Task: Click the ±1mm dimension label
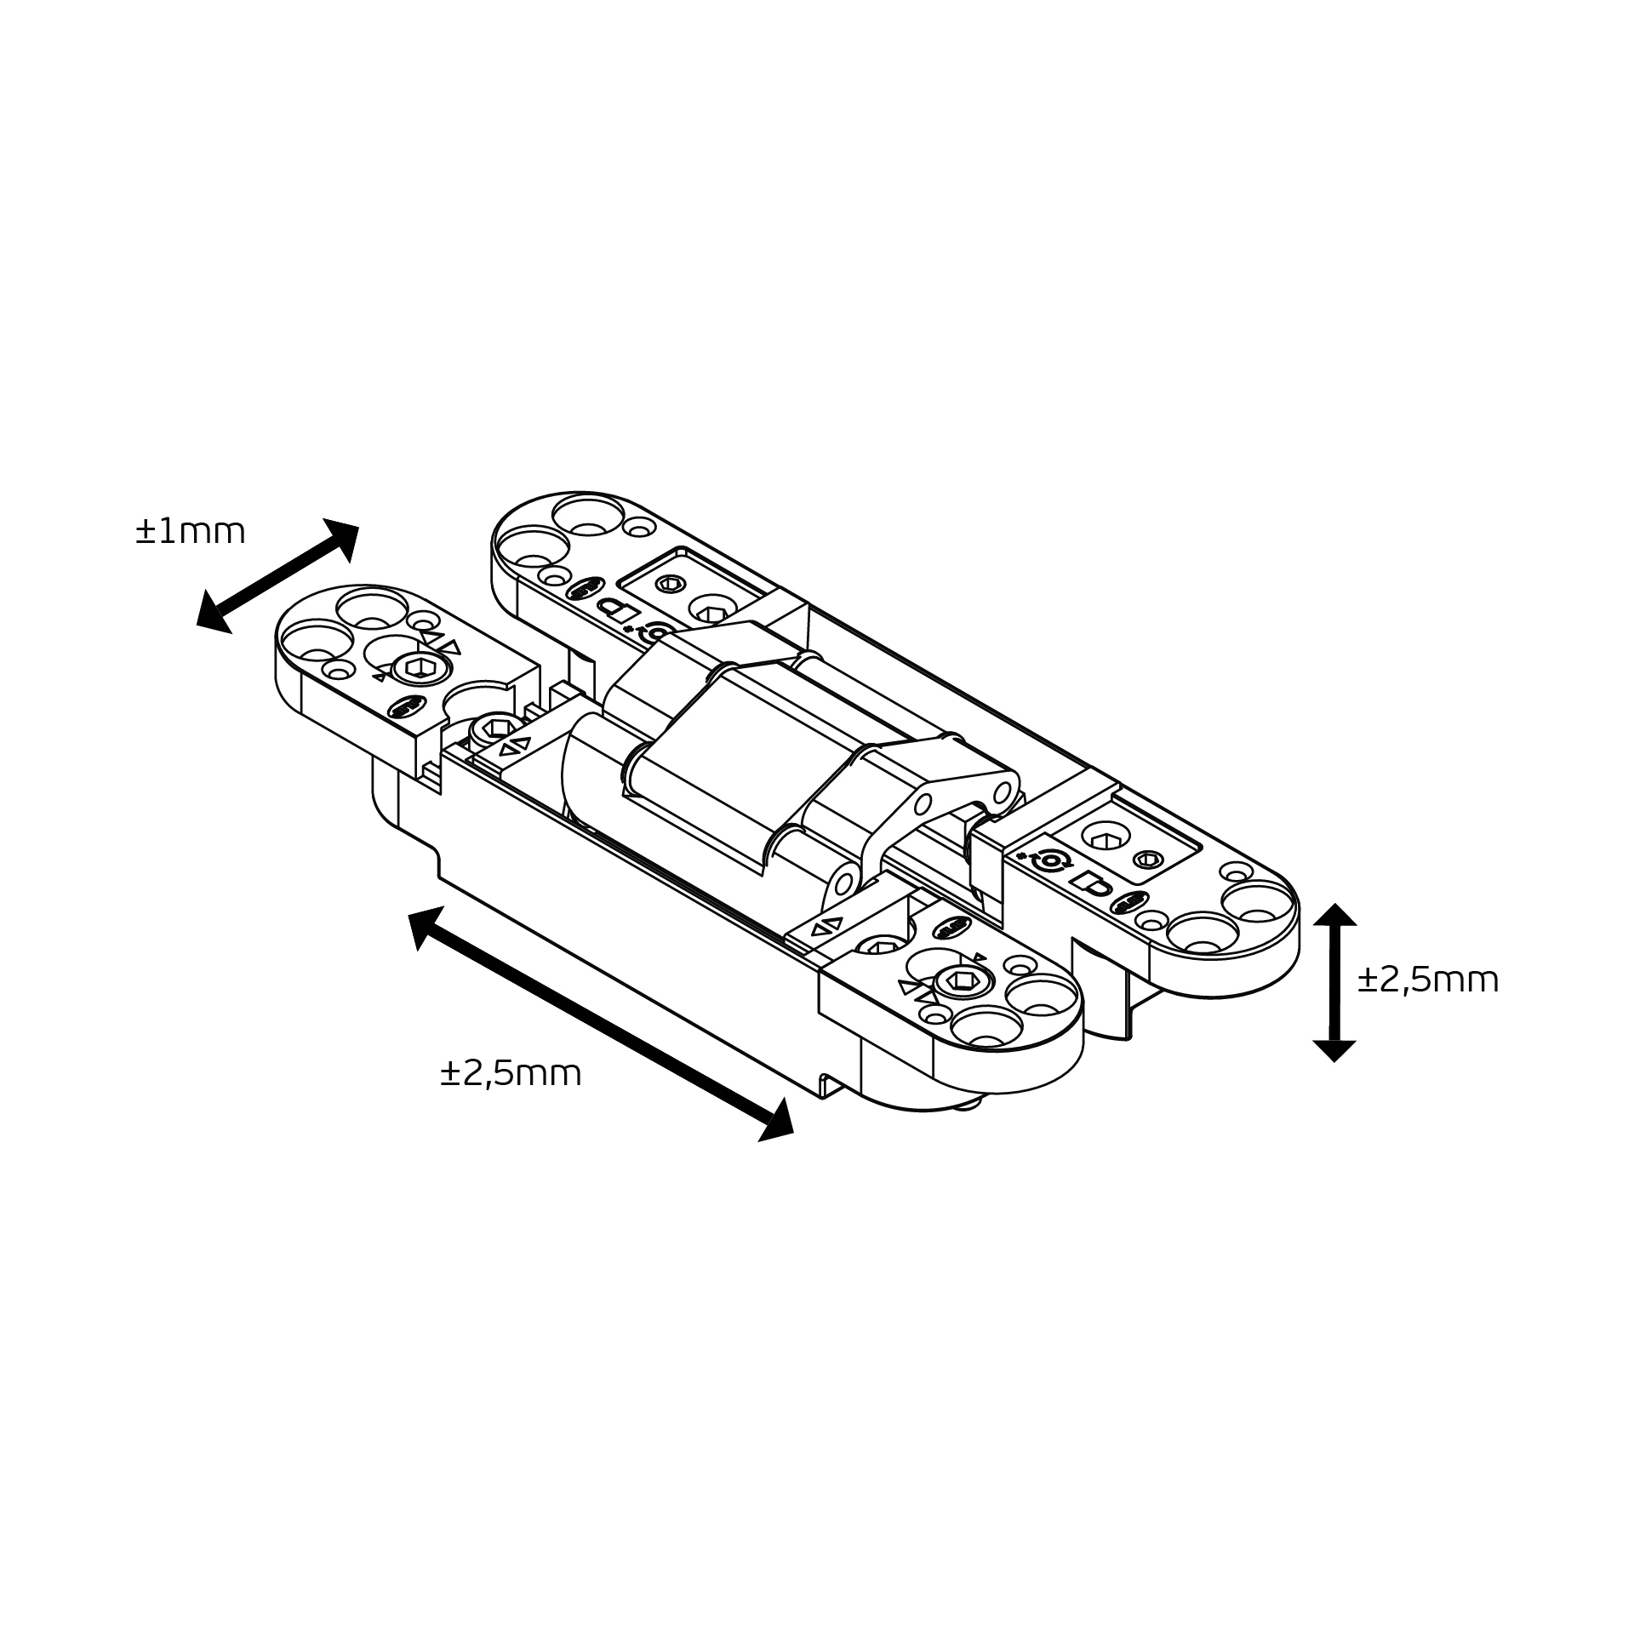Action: coord(190,532)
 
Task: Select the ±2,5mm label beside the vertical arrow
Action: coord(1427,980)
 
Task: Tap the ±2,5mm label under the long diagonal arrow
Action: coord(511,1074)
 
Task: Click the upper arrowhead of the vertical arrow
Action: coord(1334,915)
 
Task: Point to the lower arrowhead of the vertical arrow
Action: coord(1334,1051)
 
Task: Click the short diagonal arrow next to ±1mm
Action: coord(277,576)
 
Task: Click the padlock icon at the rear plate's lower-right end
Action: coord(1091,883)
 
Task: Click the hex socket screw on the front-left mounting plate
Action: coord(416,669)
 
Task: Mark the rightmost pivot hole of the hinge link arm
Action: coord(1003,791)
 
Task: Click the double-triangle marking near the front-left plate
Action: coord(514,745)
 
